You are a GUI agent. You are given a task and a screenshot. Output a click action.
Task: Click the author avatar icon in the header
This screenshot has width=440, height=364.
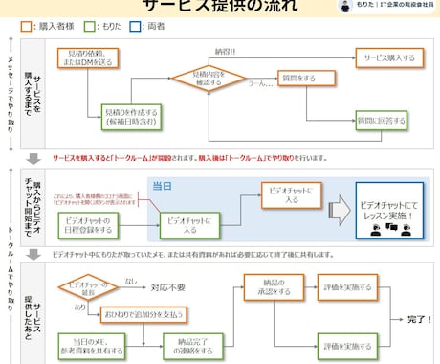click(x=345, y=6)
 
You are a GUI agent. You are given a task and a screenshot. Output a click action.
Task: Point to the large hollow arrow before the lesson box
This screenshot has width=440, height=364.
click(x=336, y=213)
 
